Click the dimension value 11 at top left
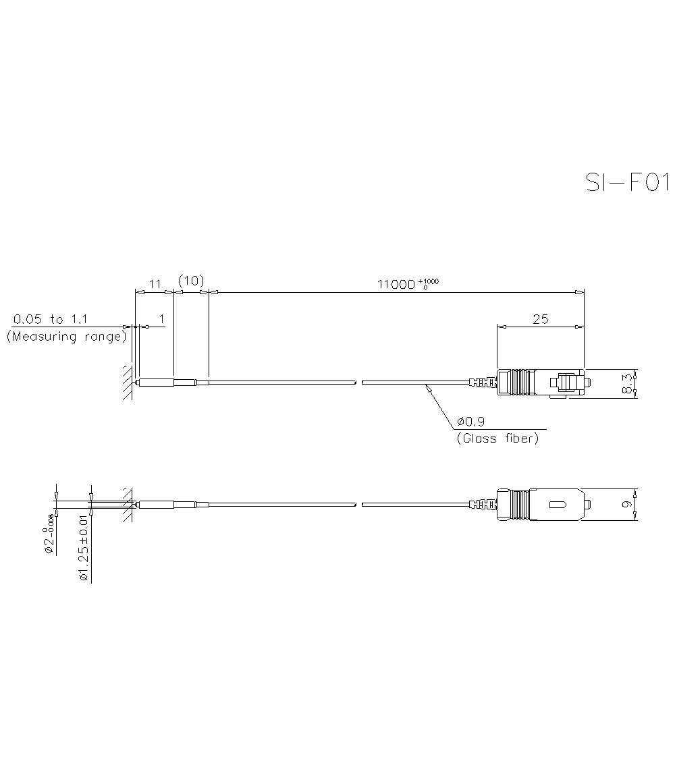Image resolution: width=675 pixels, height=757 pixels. click(155, 284)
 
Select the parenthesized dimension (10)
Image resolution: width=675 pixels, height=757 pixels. click(191, 281)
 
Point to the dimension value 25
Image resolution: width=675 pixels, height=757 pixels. click(540, 319)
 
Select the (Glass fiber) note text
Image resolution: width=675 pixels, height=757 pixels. click(497, 439)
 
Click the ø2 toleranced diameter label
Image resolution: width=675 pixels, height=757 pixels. click(49, 534)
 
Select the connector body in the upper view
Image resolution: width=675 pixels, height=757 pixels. click(540, 383)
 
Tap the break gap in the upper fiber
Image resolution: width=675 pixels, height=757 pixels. click(359, 383)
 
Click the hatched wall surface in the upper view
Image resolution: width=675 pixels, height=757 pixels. click(127, 383)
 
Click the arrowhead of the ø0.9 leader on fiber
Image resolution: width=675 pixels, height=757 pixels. click(427, 387)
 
